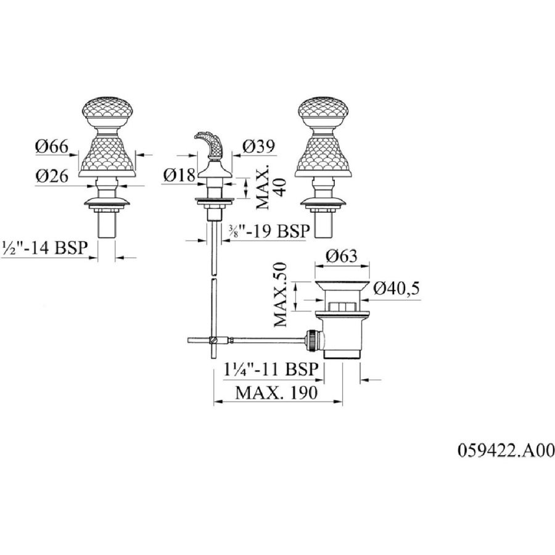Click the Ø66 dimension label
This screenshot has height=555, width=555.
point(51,146)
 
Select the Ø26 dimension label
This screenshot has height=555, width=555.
point(52,175)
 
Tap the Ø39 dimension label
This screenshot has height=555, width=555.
point(258,147)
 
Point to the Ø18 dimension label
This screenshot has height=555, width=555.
point(179,175)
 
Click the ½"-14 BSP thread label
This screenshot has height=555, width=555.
point(44,247)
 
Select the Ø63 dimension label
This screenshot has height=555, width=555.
point(342,255)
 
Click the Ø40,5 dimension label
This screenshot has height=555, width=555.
point(397,289)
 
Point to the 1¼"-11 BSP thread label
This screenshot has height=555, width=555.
point(271,369)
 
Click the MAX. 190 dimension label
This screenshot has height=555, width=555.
point(277,393)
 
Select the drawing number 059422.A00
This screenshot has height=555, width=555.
point(506,451)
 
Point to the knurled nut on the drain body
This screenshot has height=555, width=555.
point(312,340)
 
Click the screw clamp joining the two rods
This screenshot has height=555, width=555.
point(213,340)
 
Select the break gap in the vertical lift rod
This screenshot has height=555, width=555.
point(214,276)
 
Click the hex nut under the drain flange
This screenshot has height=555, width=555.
point(342,306)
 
